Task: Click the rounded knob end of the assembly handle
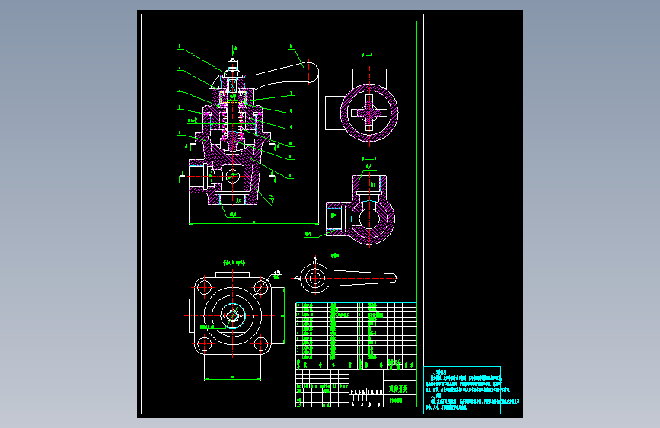click(311, 73)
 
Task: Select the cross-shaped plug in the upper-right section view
click(369, 112)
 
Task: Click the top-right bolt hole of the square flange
click(261, 289)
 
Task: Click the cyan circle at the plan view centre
click(233, 316)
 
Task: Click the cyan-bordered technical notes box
click(462, 391)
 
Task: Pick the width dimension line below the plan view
click(233, 377)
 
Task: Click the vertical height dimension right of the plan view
click(283, 316)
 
